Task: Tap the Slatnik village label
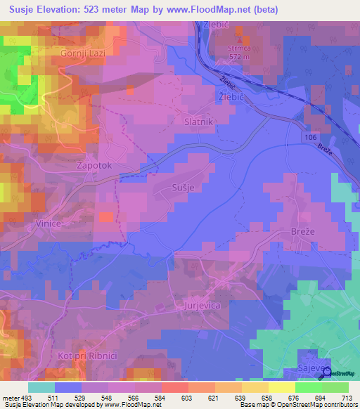[198, 121]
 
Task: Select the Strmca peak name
[239, 48]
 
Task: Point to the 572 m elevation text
[239, 56]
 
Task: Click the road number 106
[311, 139]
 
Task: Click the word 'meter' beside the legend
[10, 398]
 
